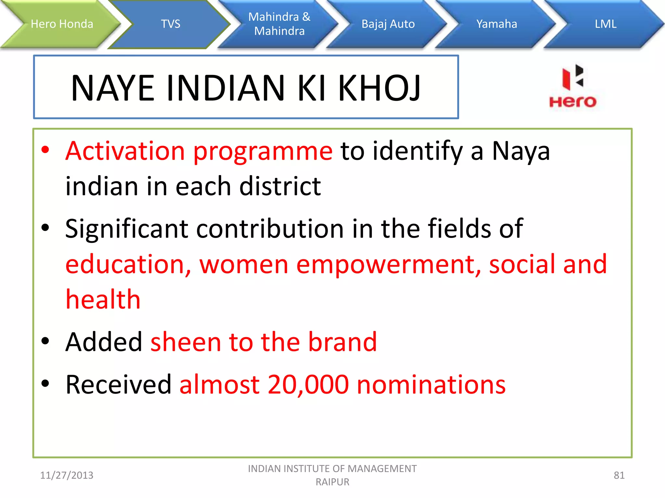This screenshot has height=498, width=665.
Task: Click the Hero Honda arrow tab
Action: [62, 24]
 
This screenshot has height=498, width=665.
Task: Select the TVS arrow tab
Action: [170, 24]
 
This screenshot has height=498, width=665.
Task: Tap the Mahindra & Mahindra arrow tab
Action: [279, 24]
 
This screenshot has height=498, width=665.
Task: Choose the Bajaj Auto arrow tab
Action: [388, 24]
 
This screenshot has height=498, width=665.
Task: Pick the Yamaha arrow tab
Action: [496, 24]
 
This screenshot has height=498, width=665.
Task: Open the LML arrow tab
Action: [606, 24]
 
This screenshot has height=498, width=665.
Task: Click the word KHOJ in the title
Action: [379, 88]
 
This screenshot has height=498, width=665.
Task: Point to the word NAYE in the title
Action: [112, 88]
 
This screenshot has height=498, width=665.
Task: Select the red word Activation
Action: [125, 151]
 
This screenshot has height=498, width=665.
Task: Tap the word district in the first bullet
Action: [280, 187]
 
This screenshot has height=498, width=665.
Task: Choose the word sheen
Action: [186, 342]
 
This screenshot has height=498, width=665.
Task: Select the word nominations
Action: [431, 385]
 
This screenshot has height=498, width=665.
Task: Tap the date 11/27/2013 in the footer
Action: [67, 475]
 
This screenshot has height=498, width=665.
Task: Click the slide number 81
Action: [619, 475]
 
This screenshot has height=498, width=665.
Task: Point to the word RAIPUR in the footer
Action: [332, 482]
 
